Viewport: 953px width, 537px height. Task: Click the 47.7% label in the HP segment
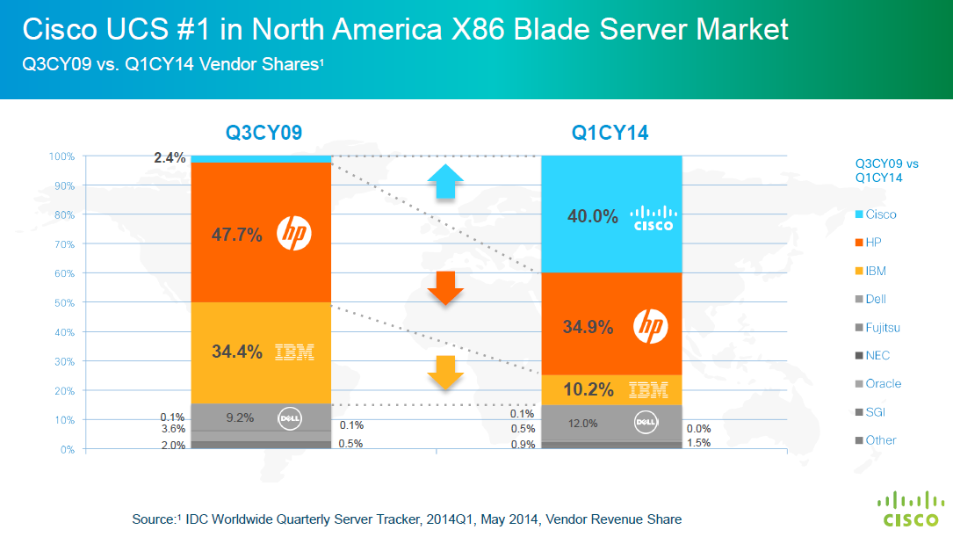click(x=237, y=235)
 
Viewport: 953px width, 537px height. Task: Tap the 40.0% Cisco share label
click(x=593, y=216)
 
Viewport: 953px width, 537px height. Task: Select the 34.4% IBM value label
click(x=237, y=352)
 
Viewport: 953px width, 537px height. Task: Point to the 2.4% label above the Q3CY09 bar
click(x=170, y=158)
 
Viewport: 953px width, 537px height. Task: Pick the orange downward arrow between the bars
click(x=445, y=288)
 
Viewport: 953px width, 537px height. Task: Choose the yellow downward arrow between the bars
click(x=445, y=373)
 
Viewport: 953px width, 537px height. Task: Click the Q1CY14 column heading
click(x=610, y=133)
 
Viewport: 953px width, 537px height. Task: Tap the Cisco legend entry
click(x=880, y=214)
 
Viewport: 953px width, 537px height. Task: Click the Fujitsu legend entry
click(x=883, y=328)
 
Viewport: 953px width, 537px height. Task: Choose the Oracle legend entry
click(x=883, y=384)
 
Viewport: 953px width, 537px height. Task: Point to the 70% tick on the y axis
click(x=64, y=244)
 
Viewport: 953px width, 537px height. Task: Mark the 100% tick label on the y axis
click(x=61, y=156)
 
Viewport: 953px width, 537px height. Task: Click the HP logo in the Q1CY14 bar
click(x=650, y=327)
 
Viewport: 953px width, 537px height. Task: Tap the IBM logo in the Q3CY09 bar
click(x=294, y=352)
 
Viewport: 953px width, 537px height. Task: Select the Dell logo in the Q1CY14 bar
click(x=646, y=423)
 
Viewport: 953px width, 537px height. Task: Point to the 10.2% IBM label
click(x=588, y=389)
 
